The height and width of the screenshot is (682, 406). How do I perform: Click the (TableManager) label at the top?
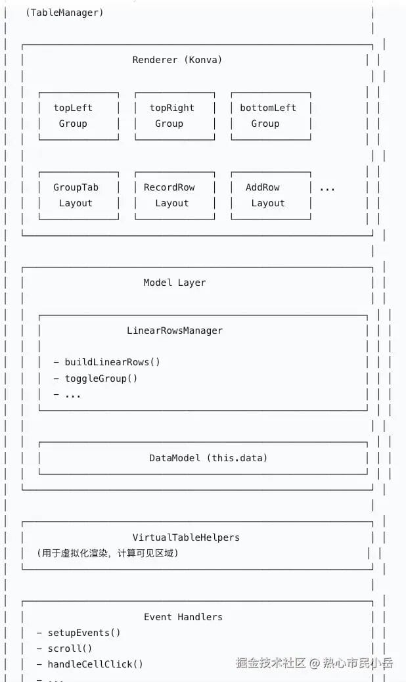pyautogui.click(x=64, y=12)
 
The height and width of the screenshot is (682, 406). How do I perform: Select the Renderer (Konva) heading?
pyautogui.click(x=177, y=60)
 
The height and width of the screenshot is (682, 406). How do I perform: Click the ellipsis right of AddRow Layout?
pyautogui.click(x=327, y=189)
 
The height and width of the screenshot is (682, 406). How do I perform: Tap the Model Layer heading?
pyautogui.click(x=175, y=283)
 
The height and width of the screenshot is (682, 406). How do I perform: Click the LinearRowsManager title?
pyautogui.click(x=175, y=330)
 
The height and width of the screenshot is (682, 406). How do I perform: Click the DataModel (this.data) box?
pyautogui.click(x=208, y=458)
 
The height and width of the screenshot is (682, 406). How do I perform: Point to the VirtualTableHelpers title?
pyautogui.click(x=186, y=537)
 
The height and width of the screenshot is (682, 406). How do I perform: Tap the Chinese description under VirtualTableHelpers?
pyautogui.click(x=107, y=553)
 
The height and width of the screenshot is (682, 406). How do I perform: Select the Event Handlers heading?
pyautogui.click(x=183, y=617)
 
